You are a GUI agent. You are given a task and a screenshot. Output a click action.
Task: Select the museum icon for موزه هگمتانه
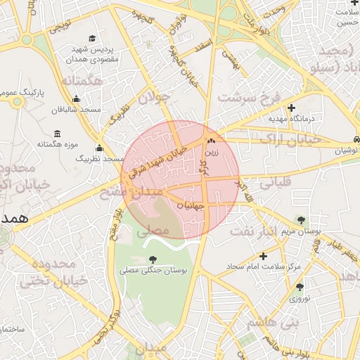pyautogui.click(x=57, y=134)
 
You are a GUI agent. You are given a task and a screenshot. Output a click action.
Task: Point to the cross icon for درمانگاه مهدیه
pyautogui.click(x=291, y=107)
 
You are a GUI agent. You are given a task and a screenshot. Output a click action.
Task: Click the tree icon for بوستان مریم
pyautogui.click(x=302, y=220)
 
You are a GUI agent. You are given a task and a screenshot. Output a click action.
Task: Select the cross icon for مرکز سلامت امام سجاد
pyautogui.click(x=263, y=256)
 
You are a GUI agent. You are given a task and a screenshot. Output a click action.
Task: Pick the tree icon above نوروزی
pyautogui.click(x=300, y=287)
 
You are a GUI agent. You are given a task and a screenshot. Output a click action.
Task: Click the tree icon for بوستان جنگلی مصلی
pyautogui.click(x=153, y=259)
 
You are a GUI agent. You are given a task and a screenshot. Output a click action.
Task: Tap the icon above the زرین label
pyautogui.click(x=210, y=140)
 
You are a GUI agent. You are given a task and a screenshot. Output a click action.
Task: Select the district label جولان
pyautogui.click(x=155, y=97)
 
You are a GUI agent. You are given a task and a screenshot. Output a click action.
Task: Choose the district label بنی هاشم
pyautogui.click(x=273, y=322)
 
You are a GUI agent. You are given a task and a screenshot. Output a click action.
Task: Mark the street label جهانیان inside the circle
pyautogui.click(x=188, y=206)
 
